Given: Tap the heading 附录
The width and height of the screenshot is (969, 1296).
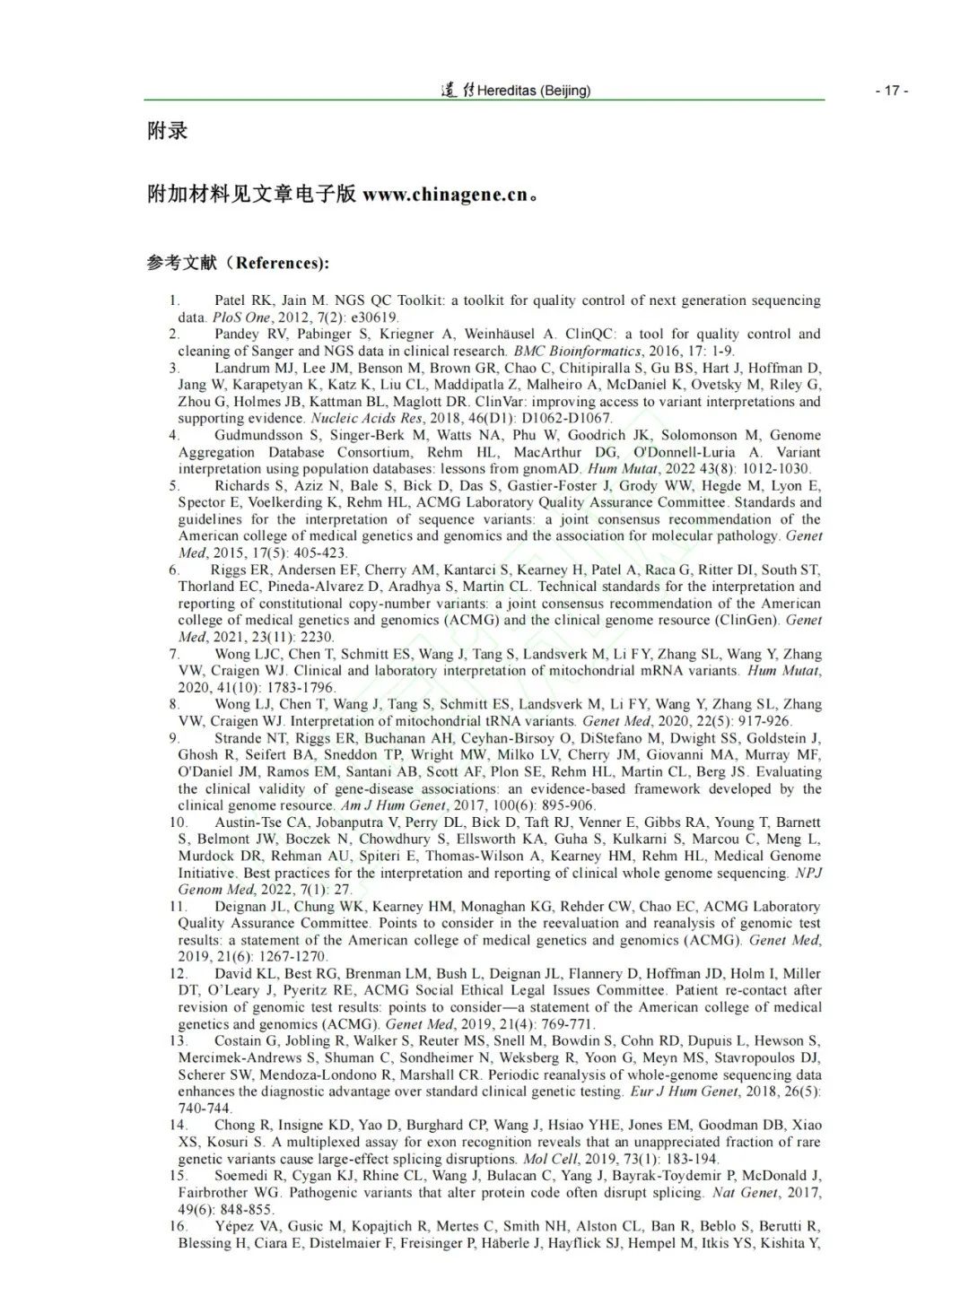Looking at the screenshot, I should (168, 131).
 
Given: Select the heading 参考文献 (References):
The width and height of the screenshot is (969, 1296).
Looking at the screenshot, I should (238, 263).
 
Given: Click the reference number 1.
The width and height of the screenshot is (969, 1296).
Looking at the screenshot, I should (174, 300).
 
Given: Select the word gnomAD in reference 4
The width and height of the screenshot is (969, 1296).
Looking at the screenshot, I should (554, 469).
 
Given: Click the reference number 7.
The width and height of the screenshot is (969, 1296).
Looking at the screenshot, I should (174, 654).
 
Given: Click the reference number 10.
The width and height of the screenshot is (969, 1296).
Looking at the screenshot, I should (178, 822).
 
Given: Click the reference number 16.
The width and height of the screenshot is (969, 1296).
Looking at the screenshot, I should (178, 1226).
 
